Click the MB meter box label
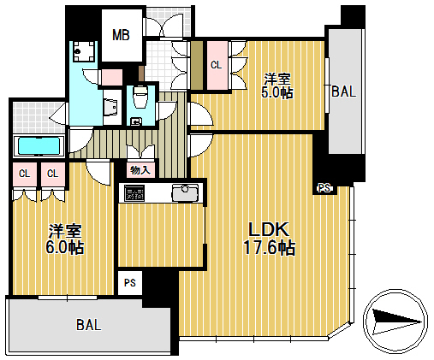point(121,35)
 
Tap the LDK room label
point(269,229)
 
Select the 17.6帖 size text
point(269,247)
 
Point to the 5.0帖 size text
point(277,92)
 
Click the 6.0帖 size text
point(65,247)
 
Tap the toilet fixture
point(140,97)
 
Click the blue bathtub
point(39,146)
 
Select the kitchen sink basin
point(185,192)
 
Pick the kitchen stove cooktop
point(134,193)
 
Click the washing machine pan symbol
point(84,51)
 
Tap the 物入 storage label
point(140,170)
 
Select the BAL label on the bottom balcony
point(89,325)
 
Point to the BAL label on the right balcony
point(344,91)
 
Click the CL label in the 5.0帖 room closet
point(216,65)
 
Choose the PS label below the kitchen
point(130,283)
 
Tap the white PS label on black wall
point(324,188)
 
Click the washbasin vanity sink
point(110,107)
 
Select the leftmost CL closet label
point(24,174)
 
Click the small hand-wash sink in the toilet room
point(134,121)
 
